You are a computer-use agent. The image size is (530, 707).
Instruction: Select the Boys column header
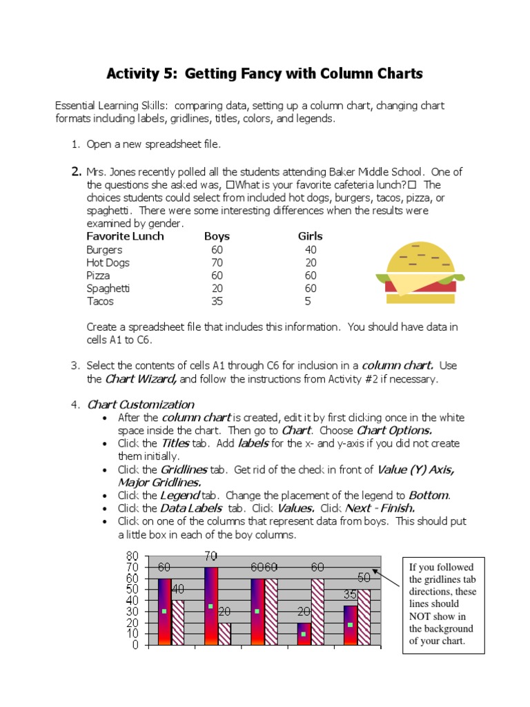click(x=217, y=236)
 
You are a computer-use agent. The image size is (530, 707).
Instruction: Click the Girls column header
click(x=310, y=236)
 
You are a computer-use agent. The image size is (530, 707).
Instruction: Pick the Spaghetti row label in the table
click(x=108, y=288)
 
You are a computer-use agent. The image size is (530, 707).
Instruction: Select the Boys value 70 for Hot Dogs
click(x=217, y=262)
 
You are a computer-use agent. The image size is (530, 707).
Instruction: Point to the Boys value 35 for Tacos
click(x=217, y=301)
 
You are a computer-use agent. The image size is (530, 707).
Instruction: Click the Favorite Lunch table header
click(x=125, y=236)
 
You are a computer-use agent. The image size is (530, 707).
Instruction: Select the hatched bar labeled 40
click(x=178, y=622)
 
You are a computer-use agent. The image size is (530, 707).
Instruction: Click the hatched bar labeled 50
click(x=364, y=617)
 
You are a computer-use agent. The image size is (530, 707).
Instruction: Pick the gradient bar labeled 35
click(x=350, y=625)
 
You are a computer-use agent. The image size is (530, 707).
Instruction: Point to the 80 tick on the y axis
click(x=132, y=556)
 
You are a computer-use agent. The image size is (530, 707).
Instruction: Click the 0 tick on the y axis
click(x=135, y=645)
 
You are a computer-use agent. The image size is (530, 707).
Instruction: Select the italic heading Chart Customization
click(x=140, y=405)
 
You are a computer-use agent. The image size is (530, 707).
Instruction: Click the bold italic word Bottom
click(x=429, y=495)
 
